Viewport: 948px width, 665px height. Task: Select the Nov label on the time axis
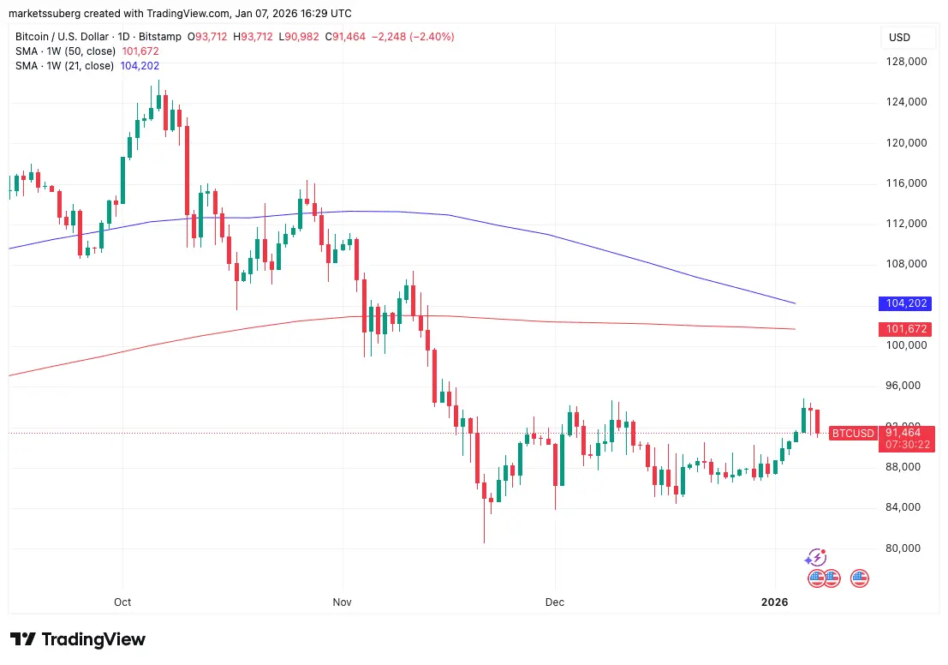click(x=342, y=602)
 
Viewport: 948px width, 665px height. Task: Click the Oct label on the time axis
click(x=122, y=602)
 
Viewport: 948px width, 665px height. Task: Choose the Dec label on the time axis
click(x=554, y=602)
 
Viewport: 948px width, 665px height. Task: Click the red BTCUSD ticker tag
click(x=853, y=434)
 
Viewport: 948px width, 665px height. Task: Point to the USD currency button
click(x=899, y=38)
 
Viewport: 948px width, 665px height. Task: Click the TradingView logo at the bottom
click(x=78, y=639)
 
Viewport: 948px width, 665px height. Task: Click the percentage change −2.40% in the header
click(x=433, y=37)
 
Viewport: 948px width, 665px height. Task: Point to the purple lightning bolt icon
click(x=816, y=558)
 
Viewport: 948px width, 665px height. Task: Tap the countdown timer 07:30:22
click(x=909, y=446)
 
